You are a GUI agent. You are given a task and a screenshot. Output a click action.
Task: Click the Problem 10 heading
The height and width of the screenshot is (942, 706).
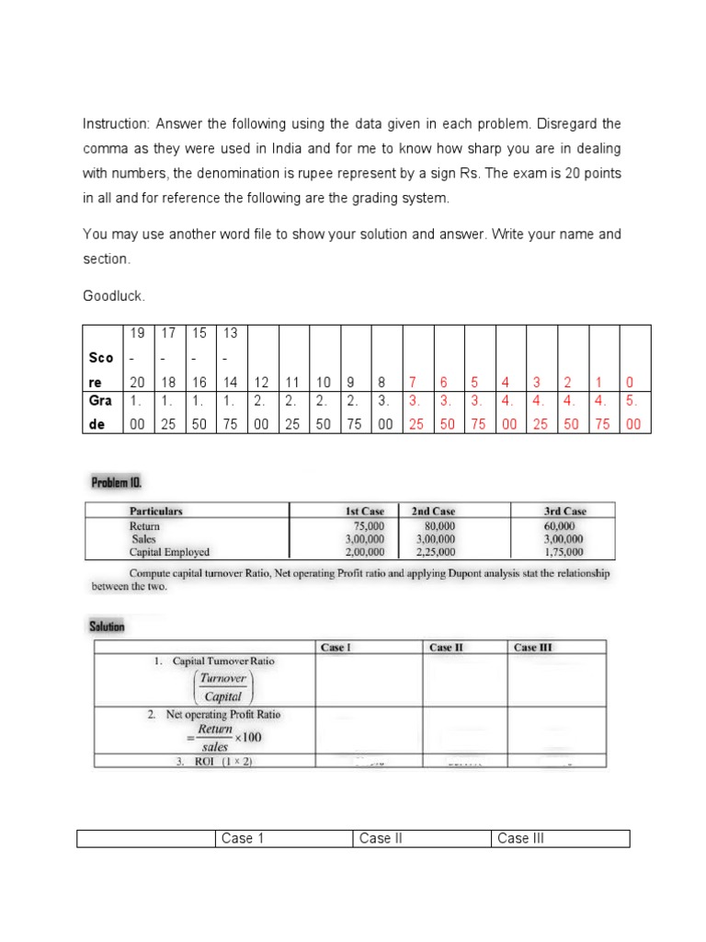click(117, 482)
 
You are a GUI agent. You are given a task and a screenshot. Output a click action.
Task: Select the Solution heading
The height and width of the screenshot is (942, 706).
click(108, 626)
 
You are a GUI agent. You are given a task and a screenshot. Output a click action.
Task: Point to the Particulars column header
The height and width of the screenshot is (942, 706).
click(155, 511)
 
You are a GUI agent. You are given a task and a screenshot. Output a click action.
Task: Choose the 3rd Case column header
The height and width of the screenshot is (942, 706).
click(565, 511)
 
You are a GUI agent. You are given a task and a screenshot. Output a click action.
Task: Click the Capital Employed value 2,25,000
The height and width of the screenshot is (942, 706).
click(437, 552)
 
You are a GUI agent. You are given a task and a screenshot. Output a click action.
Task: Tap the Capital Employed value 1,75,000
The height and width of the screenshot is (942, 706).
click(564, 552)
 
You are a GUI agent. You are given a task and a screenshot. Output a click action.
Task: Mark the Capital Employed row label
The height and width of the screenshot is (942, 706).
click(169, 552)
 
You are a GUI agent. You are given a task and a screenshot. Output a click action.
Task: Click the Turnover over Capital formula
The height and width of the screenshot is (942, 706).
click(222, 686)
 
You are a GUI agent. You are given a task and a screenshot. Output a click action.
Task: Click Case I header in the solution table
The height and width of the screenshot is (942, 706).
click(335, 647)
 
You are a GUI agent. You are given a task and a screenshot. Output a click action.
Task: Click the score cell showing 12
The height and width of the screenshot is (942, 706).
click(262, 382)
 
